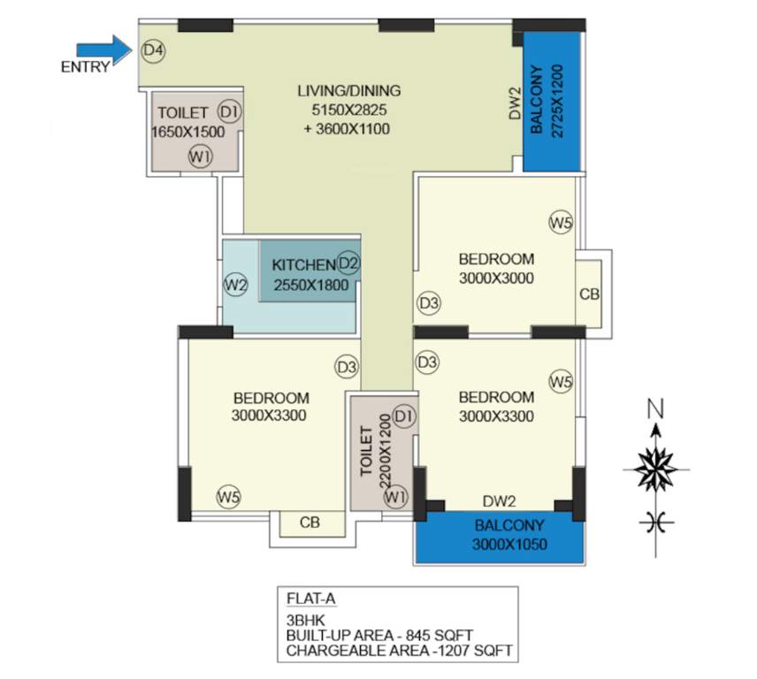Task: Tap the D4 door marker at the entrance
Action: coord(153,50)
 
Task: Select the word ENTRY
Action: coord(85,66)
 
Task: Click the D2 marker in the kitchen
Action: coord(348,263)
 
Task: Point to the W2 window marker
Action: coord(234,285)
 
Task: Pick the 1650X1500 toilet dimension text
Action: coord(187,132)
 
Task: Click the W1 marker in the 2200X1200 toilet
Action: coord(394,498)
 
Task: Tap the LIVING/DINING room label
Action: coord(349,90)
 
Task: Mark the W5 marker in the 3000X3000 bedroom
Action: coord(560,222)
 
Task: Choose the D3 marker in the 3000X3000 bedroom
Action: coord(429,303)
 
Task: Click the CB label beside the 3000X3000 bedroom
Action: coord(589,294)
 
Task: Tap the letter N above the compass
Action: coord(654,408)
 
